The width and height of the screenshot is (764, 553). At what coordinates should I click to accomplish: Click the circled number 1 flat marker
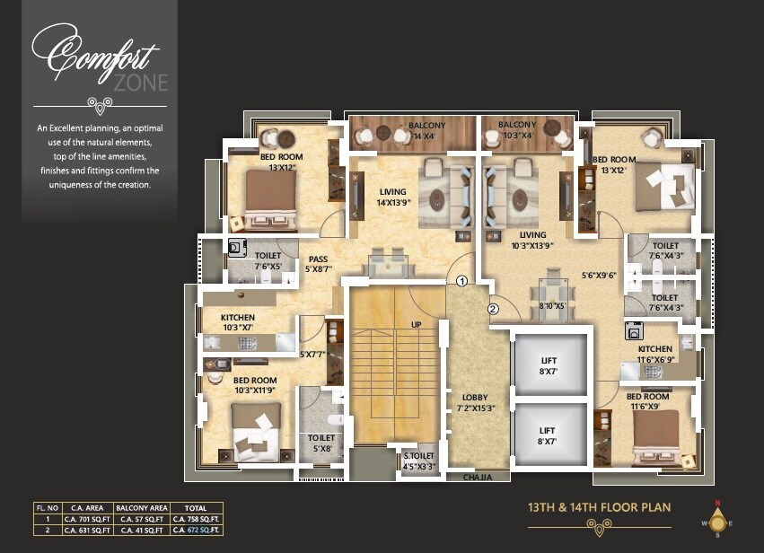(x=461, y=281)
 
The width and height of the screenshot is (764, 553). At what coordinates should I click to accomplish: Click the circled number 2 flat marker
(x=493, y=310)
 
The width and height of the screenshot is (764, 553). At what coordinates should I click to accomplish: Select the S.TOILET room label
(x=419, y=461)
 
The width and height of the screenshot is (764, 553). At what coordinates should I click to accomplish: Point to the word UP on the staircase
(x=415, y=324)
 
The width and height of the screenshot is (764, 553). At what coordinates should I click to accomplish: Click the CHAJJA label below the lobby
(x=477, y=478)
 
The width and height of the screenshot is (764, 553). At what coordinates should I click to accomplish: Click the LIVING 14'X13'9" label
(x=392, y=197)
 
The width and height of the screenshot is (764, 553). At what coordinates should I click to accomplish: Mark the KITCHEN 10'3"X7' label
(x=238, y=322)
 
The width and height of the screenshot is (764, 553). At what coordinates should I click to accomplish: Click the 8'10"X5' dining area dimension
(x=551, y=305)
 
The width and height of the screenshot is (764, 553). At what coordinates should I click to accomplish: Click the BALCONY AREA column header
(x=136, y=508)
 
